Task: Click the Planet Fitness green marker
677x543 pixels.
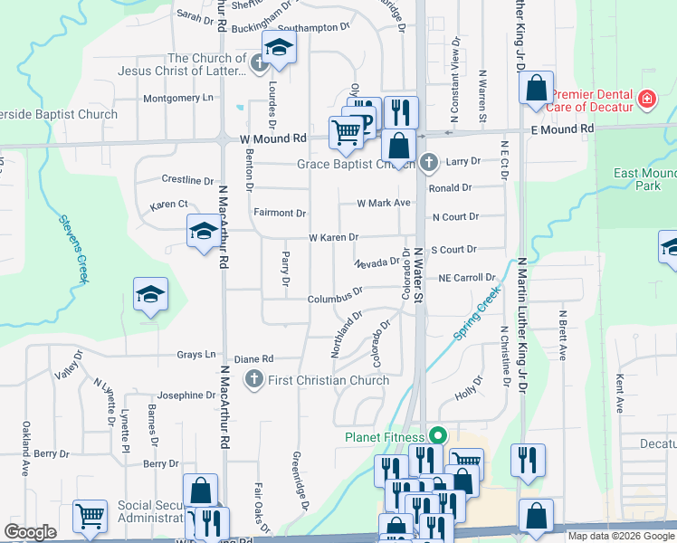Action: coord(436,435)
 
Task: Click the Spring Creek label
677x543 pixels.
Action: coord(476,314)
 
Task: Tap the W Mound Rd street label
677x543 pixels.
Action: coord(273,138)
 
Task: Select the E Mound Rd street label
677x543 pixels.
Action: coord(562,129)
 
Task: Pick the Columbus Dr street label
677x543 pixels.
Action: coord(335,296)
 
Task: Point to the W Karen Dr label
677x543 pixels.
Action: coord(333,237)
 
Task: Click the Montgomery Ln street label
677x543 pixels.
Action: coord(179,98)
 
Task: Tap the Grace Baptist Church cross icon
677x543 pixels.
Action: coord(429,164)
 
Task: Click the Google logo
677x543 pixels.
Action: coord(30,532)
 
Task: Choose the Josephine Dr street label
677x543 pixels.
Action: coord(186,395)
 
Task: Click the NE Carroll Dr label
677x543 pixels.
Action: coord(467,278)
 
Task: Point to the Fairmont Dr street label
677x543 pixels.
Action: coord(280,214)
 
